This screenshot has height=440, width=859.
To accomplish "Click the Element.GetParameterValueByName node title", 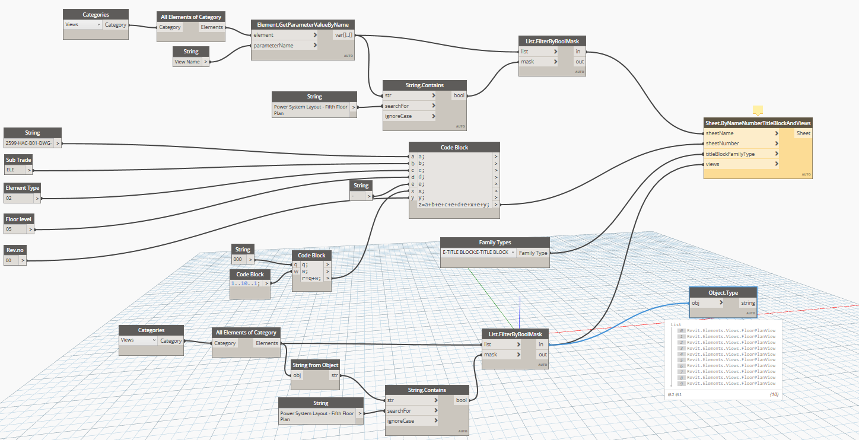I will coord(303,24).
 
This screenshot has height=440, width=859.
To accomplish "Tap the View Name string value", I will coord(187,62).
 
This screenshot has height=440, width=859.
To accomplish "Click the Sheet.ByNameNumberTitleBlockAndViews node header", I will coord(757,123).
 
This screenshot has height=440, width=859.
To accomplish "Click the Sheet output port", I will coord(803,133).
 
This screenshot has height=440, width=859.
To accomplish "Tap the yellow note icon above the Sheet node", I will coord(758,110).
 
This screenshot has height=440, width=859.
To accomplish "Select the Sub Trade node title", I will coord(18,160).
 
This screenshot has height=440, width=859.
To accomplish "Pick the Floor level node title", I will coord(18,219).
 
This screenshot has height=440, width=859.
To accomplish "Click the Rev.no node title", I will coord(15,250).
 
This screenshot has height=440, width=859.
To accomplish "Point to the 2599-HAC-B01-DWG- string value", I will coord(28,143).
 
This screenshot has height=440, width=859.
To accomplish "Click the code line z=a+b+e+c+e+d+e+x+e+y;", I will coord(454,205).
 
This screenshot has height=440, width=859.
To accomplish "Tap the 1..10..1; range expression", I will coord(247,283).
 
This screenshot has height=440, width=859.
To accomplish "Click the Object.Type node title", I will coord(723,292).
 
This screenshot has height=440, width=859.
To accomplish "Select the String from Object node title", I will coord(316,365).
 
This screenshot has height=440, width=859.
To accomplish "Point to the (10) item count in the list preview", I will coord(774,394).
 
